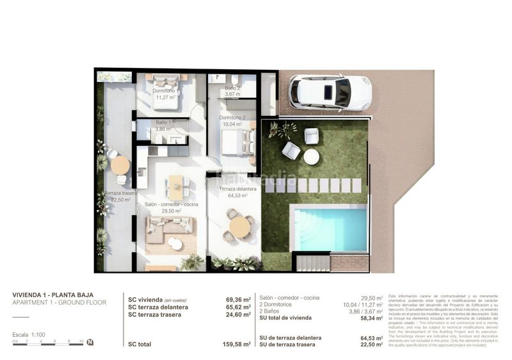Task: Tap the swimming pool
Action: [x=330, y=228]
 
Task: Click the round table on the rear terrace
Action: [x=120, y=165]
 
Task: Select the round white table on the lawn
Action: [x=312, y=157]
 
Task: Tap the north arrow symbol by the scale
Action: [x=90, y=342]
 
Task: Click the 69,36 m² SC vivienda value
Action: [x=238, y=299]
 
